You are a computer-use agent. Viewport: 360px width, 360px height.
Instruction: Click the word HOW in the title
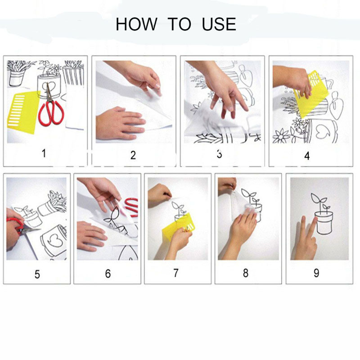click(x=136, y=24)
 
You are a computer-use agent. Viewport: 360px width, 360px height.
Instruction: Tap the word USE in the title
click(x=219, y=24)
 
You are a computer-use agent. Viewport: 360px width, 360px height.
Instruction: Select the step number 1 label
click(x=44, y=153)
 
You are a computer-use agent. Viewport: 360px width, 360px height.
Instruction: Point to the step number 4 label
click(x=307, y=156)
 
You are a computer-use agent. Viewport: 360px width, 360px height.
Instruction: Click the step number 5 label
click(x=37, y=274)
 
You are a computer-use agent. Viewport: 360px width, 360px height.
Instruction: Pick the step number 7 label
click(x=175, y=273)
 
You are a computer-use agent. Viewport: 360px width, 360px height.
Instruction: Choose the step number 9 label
click(x=316, y=273)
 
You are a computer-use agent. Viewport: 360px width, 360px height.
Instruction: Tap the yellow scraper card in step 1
click(x=23, y=112)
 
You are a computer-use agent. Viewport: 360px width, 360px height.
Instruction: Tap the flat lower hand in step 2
click(x=120, y=123)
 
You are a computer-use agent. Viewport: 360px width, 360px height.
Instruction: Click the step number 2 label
click(x=133, y=155)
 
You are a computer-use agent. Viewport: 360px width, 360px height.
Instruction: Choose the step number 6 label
click(x=108, y=274)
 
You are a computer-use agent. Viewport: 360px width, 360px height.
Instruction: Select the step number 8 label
click(x=246, y=273)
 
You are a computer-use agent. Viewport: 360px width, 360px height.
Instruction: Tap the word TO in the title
click(x=179, y=24)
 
